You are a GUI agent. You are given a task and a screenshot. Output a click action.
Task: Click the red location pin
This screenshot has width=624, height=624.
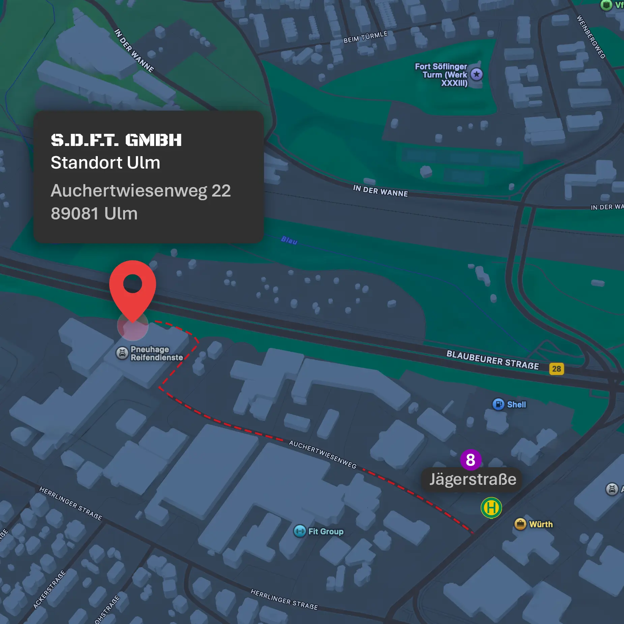(x=132, y=287)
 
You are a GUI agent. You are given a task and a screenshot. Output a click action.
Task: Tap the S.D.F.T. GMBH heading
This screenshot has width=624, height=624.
(x=116, y=140)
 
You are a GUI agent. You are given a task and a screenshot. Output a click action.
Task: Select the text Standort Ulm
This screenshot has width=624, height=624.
(x=105, y=163)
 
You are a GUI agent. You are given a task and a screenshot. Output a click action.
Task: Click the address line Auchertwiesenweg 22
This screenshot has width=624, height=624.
(x=141, y=191)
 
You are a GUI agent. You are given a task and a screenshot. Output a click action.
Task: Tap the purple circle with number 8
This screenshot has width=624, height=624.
(x=470, y=460)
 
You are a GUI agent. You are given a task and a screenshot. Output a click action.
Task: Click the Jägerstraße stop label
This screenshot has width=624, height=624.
(x=472, y=479)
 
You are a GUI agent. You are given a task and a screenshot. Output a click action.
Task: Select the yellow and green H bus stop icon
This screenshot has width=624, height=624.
(x=491, y=508)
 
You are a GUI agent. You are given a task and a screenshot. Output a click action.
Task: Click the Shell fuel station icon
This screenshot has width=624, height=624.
(x=498, y=404)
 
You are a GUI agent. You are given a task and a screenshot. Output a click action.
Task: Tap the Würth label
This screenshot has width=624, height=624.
(x=541, y=524)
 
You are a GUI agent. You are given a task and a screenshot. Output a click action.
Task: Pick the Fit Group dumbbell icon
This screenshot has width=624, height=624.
(x=299, y=531)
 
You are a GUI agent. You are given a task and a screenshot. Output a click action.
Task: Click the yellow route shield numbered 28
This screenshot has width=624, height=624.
(x=556, y=369)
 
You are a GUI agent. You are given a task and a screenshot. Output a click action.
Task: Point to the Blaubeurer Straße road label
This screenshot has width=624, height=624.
(x=492, y=360)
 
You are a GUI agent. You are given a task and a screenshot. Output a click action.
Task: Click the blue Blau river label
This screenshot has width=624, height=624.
(x=289, y=240)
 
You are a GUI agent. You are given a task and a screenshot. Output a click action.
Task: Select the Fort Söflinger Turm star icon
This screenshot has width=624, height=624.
(x=476, y=75)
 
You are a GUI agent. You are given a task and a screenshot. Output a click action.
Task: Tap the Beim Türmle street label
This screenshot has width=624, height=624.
(x=365, y=37)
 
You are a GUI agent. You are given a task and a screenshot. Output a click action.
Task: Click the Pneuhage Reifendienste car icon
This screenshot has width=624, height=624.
(x=122, y=353)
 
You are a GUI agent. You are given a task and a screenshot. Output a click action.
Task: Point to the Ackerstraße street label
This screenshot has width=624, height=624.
(x=49, y=589)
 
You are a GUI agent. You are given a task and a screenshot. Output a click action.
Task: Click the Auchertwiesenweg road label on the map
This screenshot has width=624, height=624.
(x=323, y=454)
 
